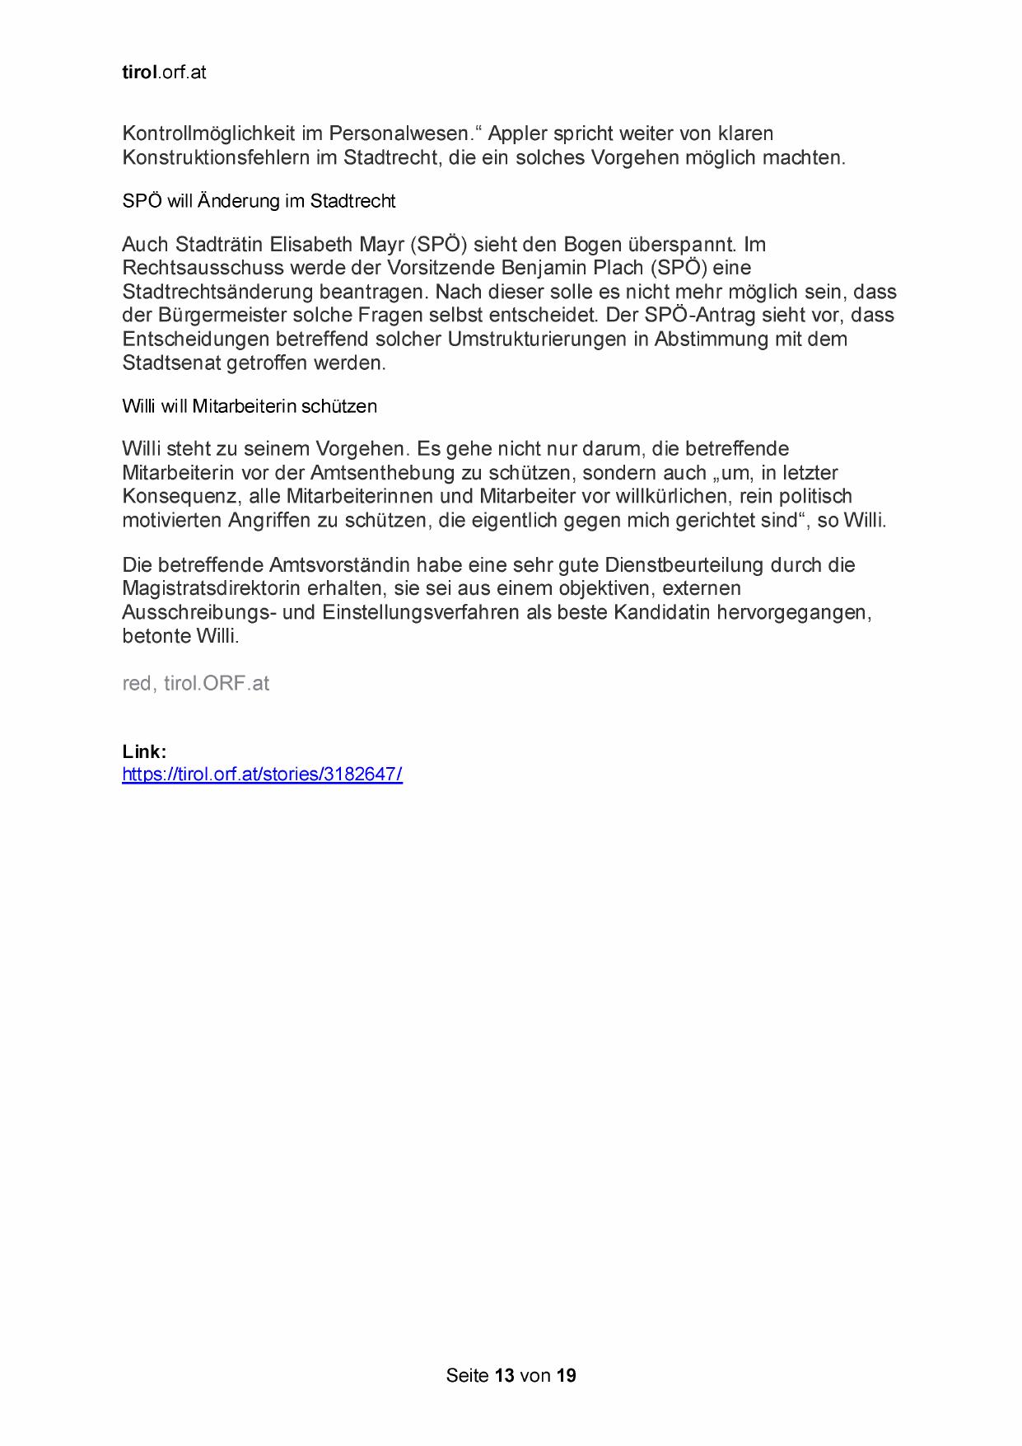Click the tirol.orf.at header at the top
coord(164,73)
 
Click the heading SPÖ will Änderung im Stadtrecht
coord(259,201)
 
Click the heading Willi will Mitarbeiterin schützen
coord(250,406)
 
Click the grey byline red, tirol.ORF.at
coord(196,684)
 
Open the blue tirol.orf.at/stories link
coord(262,774)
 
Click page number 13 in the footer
coord(505,1375)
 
